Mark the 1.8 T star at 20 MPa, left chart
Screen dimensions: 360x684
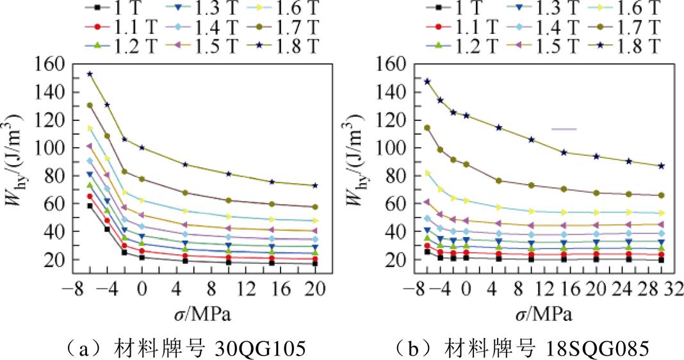[x=315, y=186]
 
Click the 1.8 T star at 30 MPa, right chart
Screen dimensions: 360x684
[x=662, y=165]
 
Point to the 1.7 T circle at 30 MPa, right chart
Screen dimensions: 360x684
[x=662, y=195]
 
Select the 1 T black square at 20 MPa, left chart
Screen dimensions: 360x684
[x=315, y=263]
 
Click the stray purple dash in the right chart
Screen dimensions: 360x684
[x=564, y=129]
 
